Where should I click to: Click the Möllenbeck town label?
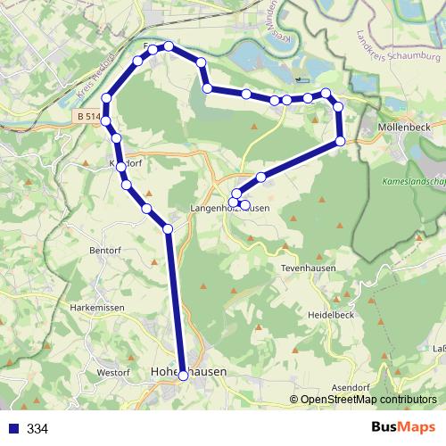(405, 128)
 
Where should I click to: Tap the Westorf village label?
(114, 372)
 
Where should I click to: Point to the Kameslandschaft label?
(412, 179)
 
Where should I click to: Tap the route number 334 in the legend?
(37, 429)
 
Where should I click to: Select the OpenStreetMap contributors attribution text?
(368, 400)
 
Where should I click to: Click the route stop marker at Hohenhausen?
(184, 376)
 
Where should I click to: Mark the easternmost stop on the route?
(341, 142)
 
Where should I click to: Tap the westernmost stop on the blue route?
(106, 98)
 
